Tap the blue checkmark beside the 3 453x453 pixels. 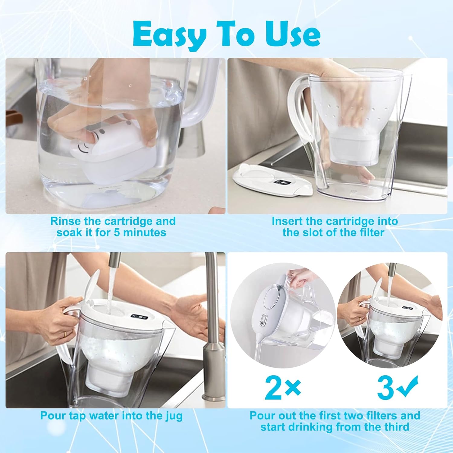coord(407,386)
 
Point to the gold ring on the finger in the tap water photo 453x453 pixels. coord(65,334)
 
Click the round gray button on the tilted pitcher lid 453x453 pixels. coord(262,322)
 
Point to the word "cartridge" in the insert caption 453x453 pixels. coord(348,221)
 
